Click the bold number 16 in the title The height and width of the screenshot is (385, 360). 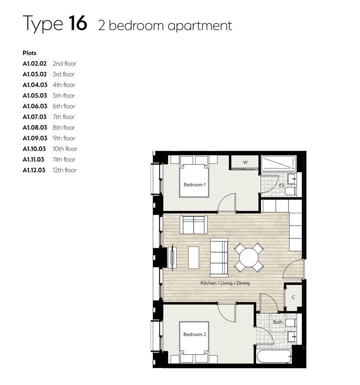pos(77,23)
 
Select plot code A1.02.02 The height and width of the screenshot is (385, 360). pos(35,64)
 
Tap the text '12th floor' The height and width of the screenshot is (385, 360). pos(65,170)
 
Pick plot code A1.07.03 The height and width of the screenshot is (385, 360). pos(35,117)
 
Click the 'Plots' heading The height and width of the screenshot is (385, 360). pos(30,53)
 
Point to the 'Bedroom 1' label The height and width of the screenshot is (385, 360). pos(194,185)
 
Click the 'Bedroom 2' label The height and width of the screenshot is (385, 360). pos(194,334)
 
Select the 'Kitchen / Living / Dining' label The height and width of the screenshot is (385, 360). pos(225,283)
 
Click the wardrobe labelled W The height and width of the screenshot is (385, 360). pos(245,163)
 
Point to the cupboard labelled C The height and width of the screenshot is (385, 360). pos(293,297)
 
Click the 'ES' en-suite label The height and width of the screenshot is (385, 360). pos(282,186)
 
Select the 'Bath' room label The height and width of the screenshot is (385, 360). pos(278,322)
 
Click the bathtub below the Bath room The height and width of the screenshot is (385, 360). pos(274,356)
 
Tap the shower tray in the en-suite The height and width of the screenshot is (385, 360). pos(279,164)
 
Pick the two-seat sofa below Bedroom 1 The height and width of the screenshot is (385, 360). pos(193,225)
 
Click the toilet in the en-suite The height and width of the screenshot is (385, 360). pos(290,192)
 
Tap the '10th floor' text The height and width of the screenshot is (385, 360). pos(65,149)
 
